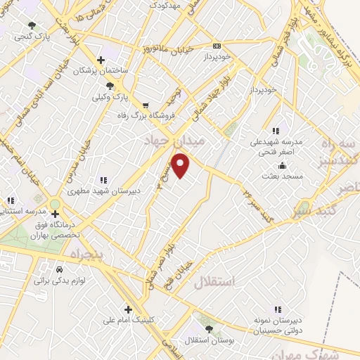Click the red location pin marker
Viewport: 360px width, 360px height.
(x=181, y=166)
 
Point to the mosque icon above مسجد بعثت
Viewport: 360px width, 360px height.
(x=282, y=165)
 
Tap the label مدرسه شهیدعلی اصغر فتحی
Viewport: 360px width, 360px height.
(x=276, y=146)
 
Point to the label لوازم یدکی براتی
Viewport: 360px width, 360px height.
(x=59, y=280)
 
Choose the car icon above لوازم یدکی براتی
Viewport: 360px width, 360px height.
(x=59, y=269)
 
